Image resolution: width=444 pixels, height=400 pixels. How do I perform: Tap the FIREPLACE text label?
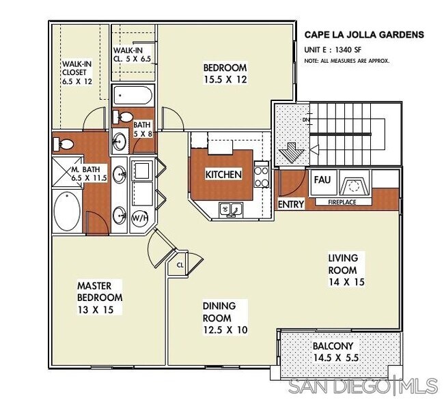(342, 202)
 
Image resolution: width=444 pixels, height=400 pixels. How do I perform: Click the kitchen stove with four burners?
(262, 175)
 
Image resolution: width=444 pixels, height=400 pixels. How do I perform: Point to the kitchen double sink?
(231, 210)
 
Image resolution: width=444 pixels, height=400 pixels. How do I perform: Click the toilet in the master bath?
(64, 144)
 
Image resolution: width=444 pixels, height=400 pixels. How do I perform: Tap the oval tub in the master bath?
(67, 212)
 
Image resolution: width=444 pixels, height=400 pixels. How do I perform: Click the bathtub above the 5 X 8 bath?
(133, 96)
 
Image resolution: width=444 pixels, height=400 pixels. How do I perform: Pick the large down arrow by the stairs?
(292, 153)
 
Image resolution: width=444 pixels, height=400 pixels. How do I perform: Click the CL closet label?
(180, 266)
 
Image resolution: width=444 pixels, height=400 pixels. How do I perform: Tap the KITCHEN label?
(223, 175)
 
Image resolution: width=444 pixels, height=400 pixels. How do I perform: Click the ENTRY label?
(290, 204)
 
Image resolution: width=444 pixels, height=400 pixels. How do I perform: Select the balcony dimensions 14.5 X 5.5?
(336, 358)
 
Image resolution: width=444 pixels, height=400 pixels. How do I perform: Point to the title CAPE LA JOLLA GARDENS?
(364, 35)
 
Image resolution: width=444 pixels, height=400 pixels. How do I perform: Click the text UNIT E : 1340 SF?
(333, 50)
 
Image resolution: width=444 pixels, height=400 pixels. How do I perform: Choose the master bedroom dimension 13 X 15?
(96, 310)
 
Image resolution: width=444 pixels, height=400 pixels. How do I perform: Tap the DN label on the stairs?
(306, 120)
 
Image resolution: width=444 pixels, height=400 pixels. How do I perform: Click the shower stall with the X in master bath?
(66, 171)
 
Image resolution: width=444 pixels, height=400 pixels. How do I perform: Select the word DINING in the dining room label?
(219, 306)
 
